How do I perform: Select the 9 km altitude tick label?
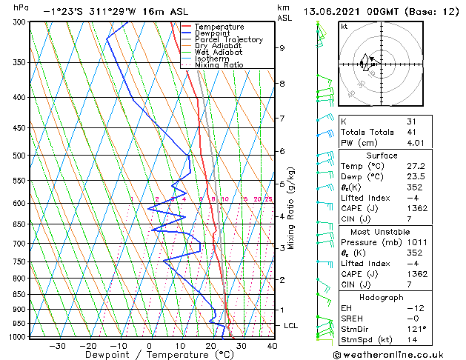coord(282,48)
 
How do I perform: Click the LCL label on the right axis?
coord(291,325)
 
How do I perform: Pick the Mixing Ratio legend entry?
coord(219,64)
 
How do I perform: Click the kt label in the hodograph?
coord(344,26)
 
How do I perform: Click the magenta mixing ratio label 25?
coord(269,199)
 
